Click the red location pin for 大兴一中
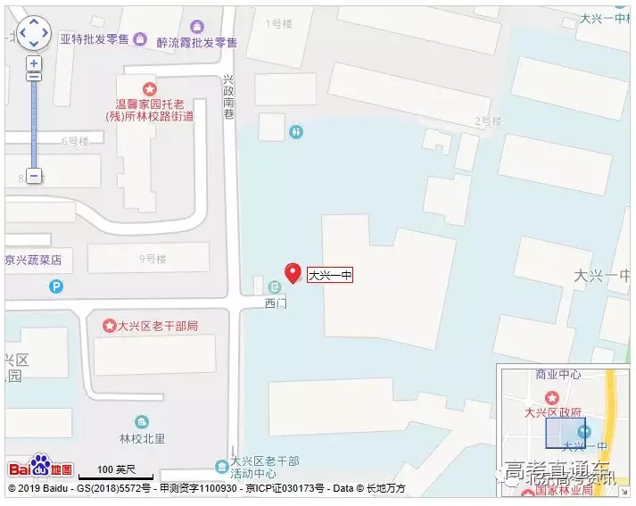[x=292, y=273]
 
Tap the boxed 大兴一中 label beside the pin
[x=330, y=276]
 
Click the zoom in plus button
[x=34, y=63]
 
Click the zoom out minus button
[x=34, y=176]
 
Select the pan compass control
[x=34, y=32]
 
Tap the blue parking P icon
[x=56, y=287]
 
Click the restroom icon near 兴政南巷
[x=296, y=131]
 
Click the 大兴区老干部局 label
[x=157, y=326]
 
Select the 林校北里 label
[x=142, y=438]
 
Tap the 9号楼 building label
[x=153, y=259]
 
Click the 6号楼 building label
[x=76, y=141]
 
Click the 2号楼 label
[x=488, y=121]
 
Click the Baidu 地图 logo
[x=41, y=467]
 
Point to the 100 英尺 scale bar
[x=116, y=470]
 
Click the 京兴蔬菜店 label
[x=34, y=261]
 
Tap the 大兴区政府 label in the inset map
[x=553, y=412]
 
